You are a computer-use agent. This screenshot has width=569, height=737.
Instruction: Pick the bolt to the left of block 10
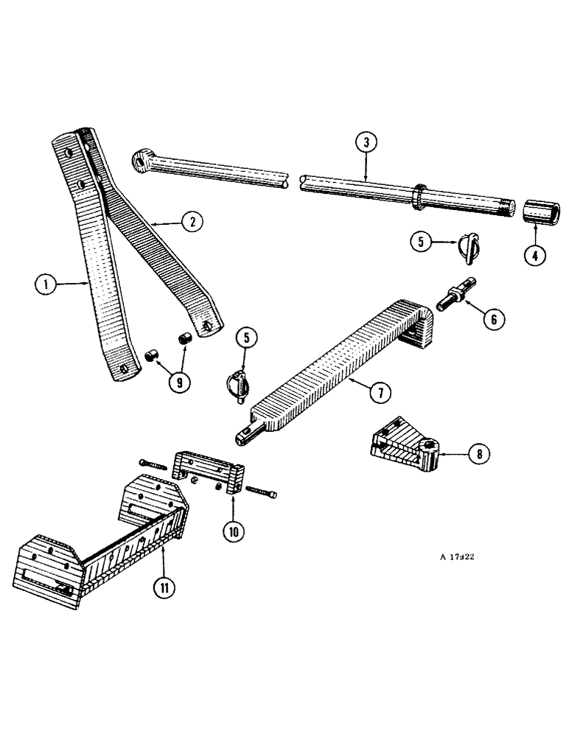pyautogui.click(x=153, y=464)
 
